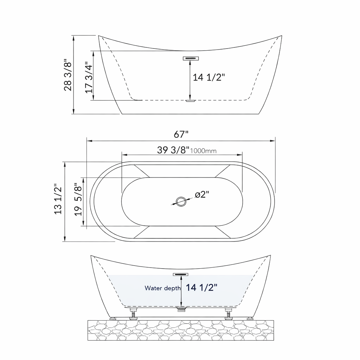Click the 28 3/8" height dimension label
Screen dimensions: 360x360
click(x=68, y=75)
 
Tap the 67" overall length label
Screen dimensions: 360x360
click(x=181, y=134)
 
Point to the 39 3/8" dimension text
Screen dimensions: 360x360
click(x=173, y=150)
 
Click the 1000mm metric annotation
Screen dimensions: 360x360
click(x=203, y=151)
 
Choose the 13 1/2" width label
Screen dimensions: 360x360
click(x=58, y=199)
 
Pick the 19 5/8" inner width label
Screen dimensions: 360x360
click(x=78, y=200)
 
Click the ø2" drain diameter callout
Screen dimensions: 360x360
click(x=202, y=194)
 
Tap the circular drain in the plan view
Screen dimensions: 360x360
click(x=181, y=201)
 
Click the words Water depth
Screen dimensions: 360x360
click(x=163, y=288)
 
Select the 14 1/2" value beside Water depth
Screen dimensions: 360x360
click(x=201, y=288)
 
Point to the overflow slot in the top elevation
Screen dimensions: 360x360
click(x=191, y=58)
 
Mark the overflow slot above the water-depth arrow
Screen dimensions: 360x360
click(x=181, y=274)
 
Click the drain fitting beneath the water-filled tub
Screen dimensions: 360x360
click(x=181, y=309)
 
